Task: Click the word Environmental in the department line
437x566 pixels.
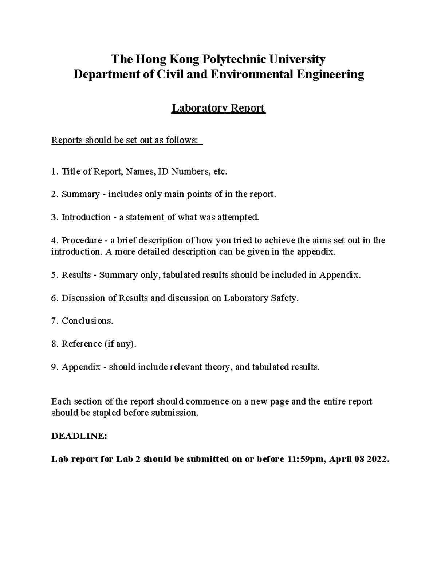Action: [255, 74]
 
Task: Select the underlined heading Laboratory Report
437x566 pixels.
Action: [218, 108]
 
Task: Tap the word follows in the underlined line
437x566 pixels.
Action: [182, 140]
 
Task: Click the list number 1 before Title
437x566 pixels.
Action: [54, 171]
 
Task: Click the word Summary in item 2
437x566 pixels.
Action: [80, 194]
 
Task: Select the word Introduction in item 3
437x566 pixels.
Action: [86, 217]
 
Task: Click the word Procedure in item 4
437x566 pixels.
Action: [82, 241]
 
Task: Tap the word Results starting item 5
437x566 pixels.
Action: [76, 275]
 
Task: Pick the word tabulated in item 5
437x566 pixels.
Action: [180, 275]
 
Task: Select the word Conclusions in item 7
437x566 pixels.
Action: [87, 321]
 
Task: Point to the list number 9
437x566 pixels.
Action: [54, 367]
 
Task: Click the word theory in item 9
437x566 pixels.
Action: [218, 367]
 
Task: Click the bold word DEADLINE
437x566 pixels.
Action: [79, 436]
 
